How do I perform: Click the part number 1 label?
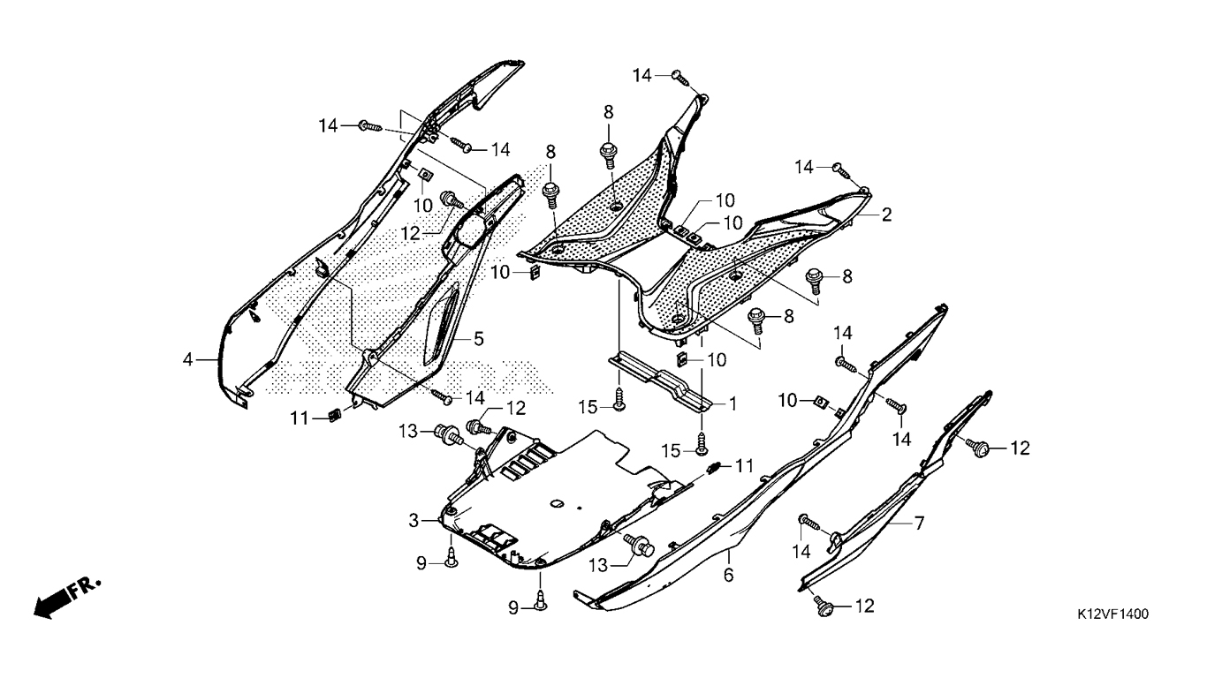click(733, 403)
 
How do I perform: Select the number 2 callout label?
click(886, 215)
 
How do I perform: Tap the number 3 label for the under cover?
click(414, 521)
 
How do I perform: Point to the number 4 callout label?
click(187, 359)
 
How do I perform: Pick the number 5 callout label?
click(479, 339)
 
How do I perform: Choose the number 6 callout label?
click(728, 575)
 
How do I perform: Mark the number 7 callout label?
click(919, 523)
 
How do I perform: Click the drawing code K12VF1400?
click(1112, 614)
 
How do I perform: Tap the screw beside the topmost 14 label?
click(681, 78)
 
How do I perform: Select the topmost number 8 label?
click(608, 112)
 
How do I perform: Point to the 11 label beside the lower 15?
click(744, 466)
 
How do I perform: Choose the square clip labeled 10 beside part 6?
click(823, 401)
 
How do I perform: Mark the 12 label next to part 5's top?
click(410, 234)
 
